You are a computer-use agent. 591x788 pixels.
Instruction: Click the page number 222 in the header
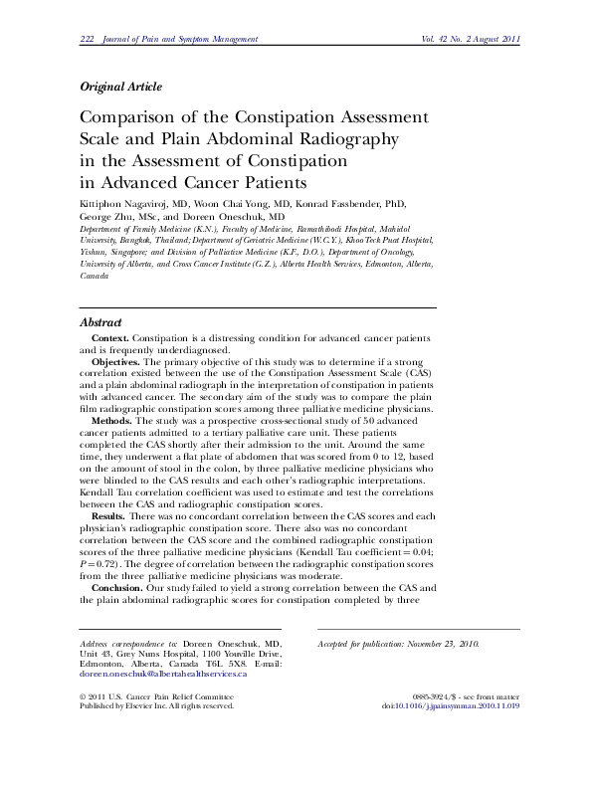(x=86, y=39)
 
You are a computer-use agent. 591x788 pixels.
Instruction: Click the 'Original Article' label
(x=119, y=87)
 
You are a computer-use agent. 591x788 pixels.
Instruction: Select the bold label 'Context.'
(x=110, y=339)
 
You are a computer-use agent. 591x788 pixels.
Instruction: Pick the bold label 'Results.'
(x=109, y=515)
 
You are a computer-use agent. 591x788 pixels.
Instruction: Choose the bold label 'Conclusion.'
(x=118, y=587)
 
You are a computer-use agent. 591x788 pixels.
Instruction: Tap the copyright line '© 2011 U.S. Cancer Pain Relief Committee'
(x=155, y=695)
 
